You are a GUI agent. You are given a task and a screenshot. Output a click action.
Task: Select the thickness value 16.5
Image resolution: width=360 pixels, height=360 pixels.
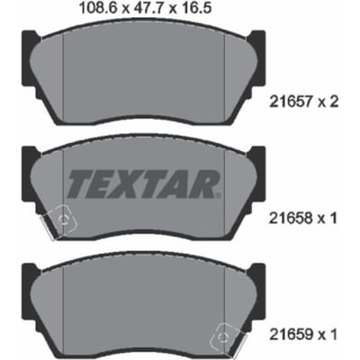coord(195,8)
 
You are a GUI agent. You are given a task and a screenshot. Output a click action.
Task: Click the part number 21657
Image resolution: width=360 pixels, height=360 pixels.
coord(290,103)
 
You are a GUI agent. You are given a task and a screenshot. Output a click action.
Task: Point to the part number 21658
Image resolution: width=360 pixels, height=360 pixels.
coord(290,219)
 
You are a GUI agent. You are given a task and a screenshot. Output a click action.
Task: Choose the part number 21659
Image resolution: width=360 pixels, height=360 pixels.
coord(290,334)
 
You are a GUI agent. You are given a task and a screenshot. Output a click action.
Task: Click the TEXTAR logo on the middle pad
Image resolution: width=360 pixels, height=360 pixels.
coord(144,184)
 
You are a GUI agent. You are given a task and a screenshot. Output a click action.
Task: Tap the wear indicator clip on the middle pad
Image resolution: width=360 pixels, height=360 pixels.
coord(59,221)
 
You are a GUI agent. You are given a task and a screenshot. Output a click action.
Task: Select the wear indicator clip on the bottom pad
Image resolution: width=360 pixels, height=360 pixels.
coord(229,337)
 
